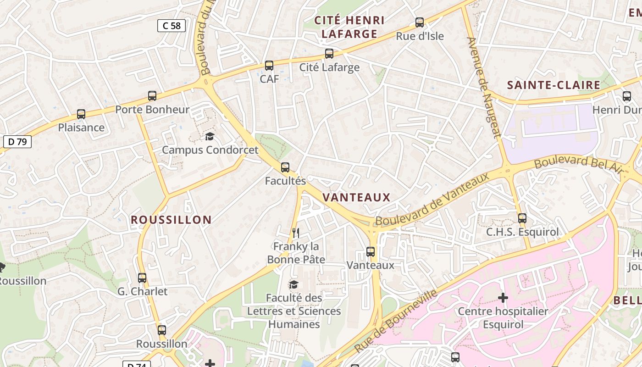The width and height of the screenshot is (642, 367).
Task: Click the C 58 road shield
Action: click(172, 26)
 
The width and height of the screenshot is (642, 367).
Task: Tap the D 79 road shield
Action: click(17, 141)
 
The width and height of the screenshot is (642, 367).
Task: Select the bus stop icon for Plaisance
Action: click(81, 114)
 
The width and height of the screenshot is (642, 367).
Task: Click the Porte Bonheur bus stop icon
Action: click(152, 96)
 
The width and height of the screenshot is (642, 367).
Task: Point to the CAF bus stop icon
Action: click(269, 66)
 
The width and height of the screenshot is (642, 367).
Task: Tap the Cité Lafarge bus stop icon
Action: click(329, 54)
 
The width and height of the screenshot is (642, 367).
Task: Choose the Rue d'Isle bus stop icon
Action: click(420, 22)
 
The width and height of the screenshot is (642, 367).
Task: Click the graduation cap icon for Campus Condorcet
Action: click(210, 136)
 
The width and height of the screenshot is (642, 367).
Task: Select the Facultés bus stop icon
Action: click(285, 167)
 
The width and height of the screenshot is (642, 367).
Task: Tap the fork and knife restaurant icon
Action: click(296, 233)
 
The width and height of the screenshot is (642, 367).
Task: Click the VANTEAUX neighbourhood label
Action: click(356, 198)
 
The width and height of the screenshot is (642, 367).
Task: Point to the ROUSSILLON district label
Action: click(171, 220)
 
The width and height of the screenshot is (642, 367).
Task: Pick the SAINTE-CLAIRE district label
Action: click(553, 85)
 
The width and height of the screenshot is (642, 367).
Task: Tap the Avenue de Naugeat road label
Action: click(484, 87)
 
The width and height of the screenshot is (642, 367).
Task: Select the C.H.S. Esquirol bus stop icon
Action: click(522, 218)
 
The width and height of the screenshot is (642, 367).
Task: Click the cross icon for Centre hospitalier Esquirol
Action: click(503, 298)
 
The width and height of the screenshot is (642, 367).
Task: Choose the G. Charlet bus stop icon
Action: click(142, 278)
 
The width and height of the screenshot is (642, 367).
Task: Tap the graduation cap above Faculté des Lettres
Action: click(293, 284)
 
